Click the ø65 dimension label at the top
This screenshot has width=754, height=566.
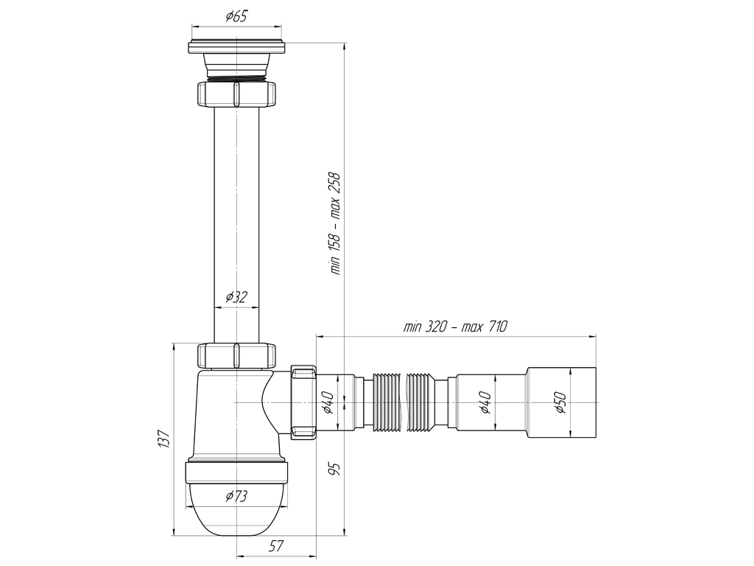(236, 16)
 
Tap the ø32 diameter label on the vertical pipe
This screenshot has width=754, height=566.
(236, 298)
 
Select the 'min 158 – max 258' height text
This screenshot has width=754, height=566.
(335, 223)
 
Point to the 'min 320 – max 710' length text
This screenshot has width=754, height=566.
(455, 326)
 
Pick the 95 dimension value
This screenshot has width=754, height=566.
(335, 469)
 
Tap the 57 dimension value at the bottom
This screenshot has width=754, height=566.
(276, 546)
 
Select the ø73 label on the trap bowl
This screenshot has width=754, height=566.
(236, 496)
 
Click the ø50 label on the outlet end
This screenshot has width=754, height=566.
(560, 402)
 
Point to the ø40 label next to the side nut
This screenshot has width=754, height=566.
(328, 402)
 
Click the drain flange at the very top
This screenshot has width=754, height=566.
(237, 46)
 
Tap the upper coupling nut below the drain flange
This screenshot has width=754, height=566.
(236, 94)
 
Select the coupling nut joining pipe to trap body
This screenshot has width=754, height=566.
(236, 356)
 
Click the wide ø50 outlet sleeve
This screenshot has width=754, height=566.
(561, 402)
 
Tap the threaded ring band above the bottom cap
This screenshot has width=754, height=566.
(236, 472)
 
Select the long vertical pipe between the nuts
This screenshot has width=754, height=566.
(236, 225)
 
